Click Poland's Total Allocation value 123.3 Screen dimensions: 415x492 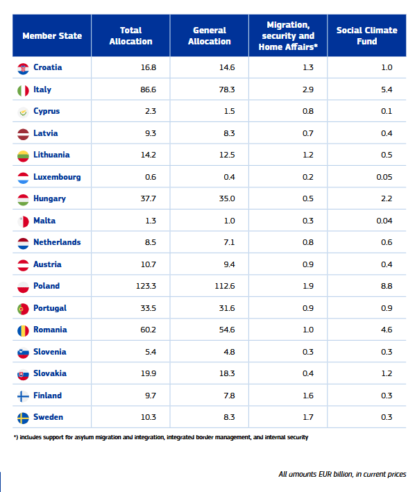coord(146,286)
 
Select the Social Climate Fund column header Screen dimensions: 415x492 coord(366,35)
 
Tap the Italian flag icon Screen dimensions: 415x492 coord(23,91)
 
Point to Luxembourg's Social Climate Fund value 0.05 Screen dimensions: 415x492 coord(384,177)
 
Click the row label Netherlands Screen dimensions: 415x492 coord(57,242)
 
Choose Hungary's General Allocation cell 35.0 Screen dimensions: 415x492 coord(227,198)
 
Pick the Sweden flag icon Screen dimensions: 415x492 coord(23,418)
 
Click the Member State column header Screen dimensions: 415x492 coord(52,36)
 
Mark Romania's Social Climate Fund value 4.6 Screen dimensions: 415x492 coord(387,330)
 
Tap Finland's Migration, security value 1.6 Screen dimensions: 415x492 coord(308,396)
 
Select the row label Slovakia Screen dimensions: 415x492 coord(50,373)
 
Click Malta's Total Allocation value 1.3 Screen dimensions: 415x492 coord(151,221)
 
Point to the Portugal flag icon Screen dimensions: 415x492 coord(23,309)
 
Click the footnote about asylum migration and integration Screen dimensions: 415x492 coord(161,437)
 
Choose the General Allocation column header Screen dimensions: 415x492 coord(209,35)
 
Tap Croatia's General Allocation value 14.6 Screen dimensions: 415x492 coord(227,67)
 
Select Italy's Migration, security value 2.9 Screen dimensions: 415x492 coord(308,90)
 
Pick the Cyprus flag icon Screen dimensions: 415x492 coord(23,112)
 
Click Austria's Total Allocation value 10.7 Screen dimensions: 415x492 coord(149,264)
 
